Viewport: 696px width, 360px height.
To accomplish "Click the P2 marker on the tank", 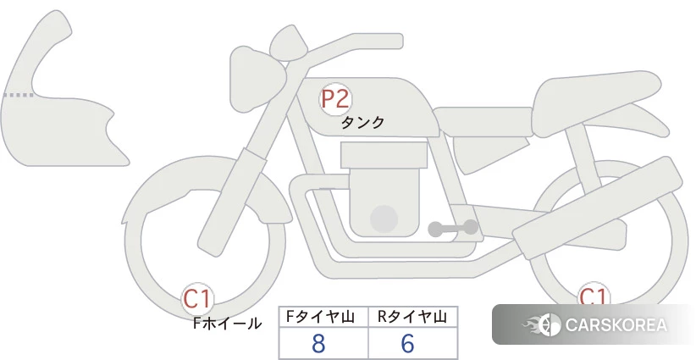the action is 335,99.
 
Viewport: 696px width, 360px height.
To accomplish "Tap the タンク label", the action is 362,122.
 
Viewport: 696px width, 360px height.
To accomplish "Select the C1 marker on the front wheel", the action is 197,299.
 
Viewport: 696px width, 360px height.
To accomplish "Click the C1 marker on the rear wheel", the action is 594,294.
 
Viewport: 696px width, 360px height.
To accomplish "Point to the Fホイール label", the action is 227,324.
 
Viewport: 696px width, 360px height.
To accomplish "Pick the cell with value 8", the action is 318,343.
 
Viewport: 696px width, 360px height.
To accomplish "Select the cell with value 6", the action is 407,343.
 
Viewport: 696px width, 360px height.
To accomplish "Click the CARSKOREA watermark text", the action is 616,324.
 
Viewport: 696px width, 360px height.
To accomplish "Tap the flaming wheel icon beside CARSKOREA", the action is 542,324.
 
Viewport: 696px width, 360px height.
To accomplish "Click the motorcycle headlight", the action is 257,80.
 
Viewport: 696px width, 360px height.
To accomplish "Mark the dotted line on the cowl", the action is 18,95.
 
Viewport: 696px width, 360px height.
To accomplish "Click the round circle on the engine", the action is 384,219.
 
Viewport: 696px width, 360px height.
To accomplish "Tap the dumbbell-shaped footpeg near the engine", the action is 453,228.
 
